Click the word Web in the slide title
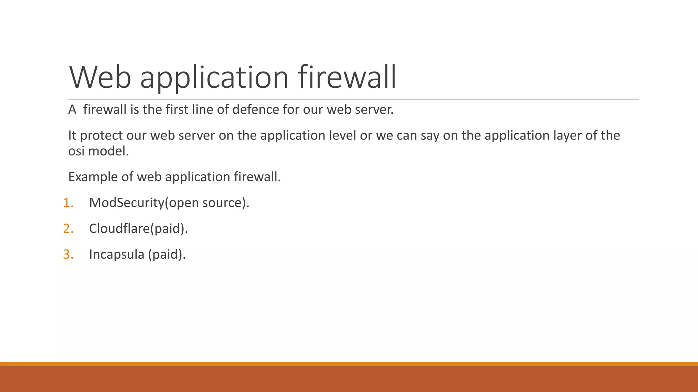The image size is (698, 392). (100, 78)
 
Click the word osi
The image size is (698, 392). (76, 151)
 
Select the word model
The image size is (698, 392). (108, 151)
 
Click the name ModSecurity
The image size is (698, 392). (127, 203)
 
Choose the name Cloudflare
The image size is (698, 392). (119, 229)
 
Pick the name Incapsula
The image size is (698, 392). (117, 255)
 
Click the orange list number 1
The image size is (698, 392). (68, 203)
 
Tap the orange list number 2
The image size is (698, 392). (68, 229)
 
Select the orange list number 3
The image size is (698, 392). (68, 255)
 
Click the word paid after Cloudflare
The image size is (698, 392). (167, 229)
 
